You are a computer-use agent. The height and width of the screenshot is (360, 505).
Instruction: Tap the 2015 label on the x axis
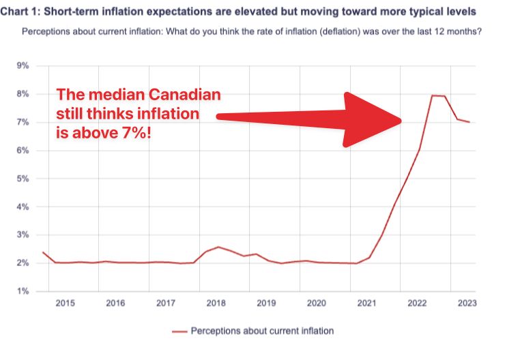coord(66,303)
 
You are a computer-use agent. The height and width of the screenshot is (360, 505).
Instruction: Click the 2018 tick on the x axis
coord(216,303)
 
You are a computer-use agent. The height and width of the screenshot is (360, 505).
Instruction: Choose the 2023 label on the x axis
coord(467,303)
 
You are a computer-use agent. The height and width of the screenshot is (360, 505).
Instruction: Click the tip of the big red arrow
coord(401,120)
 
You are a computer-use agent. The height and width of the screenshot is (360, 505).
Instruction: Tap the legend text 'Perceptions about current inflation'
coord(262,331)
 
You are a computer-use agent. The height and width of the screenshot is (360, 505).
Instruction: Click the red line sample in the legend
coord(179,331)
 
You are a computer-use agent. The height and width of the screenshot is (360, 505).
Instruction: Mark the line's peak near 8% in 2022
coord(433,95)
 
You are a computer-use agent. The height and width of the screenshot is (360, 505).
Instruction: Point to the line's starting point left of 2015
coord(43,252)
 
